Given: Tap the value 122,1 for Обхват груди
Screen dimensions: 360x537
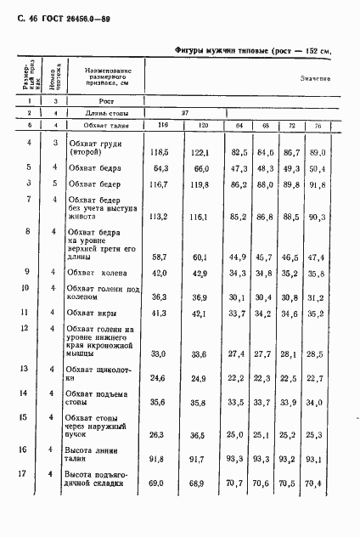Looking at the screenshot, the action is point(198,152).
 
